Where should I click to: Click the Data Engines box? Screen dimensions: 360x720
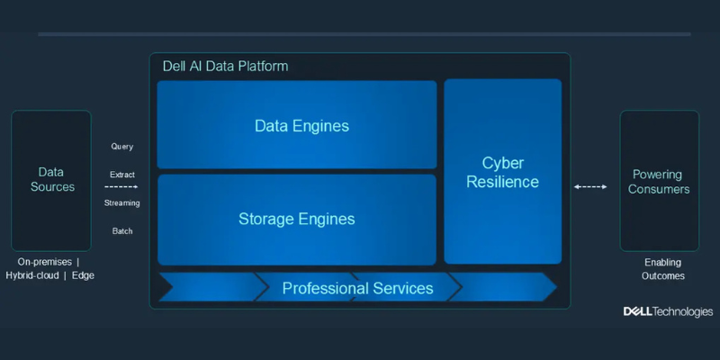tap(297, 125)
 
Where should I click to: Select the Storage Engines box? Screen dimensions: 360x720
tap(297, 219)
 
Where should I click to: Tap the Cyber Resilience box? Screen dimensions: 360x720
tap(502, 172)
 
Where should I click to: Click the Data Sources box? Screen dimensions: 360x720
tap(51, 180)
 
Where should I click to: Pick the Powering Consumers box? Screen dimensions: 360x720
tap(659, 181)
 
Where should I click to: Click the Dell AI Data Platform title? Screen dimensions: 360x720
tap(225, 67)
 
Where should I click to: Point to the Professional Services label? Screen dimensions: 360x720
tap(357, 288)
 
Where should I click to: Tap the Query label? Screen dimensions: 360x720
tap(121, 146)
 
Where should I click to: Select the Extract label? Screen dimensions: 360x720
tap(121, 175)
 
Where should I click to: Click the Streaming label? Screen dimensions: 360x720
tap(121, 202)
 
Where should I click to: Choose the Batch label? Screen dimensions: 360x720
tap(121, 231)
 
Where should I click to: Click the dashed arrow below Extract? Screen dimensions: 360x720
tap(121, 187)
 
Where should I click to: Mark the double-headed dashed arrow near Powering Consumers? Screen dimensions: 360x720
tap(590, 187)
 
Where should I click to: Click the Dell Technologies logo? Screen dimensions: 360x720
tap(668, 311)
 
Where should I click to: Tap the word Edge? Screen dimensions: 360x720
tap(83, 275)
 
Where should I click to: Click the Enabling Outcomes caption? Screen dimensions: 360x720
tap(663, 269)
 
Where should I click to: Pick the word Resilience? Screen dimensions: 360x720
tap(502, 182)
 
